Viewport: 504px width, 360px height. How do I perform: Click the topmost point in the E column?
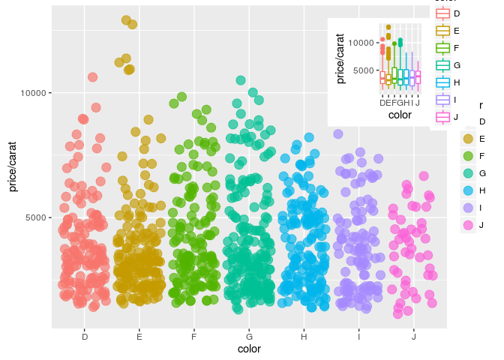click(126, 20)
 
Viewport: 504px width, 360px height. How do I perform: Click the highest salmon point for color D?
click(92, 76)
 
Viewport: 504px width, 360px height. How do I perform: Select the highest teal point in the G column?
click(241, 79)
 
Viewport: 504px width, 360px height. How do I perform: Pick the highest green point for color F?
click(181, 97)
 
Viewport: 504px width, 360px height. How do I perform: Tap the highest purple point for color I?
click(338, 133)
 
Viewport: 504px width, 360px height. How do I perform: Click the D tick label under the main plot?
click(85, 337)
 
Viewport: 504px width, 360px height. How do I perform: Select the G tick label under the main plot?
click(249, 337)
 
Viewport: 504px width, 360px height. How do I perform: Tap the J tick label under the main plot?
click(413, 337)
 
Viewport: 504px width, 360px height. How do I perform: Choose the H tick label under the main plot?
click(304, 337)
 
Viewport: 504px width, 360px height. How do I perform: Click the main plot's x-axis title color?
click(249, 349)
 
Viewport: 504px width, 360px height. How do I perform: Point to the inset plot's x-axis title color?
click(400, 115)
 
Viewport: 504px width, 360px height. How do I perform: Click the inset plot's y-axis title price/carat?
click(340, 58)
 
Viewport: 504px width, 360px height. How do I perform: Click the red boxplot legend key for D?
click(442, 13)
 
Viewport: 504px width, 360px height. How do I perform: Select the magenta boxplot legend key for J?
click(442, 116)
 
